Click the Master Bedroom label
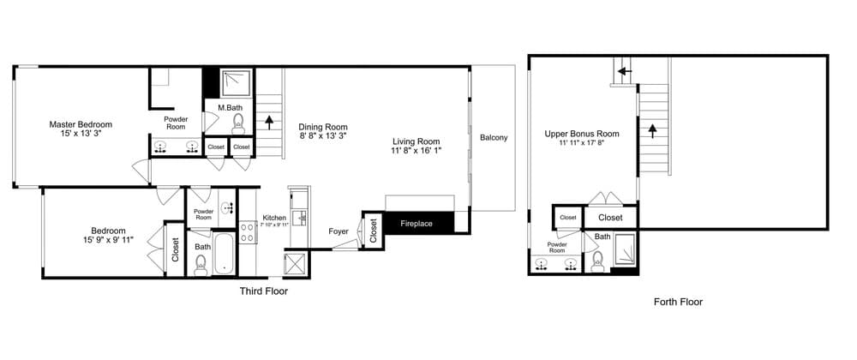tap(81, 124)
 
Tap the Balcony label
tap(494, 138)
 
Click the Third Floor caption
tap(263, 291)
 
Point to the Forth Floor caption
tap(678, 302)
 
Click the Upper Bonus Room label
tap(582, 134)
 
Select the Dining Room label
tap(323, 127)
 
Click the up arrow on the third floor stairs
tap(269, 122)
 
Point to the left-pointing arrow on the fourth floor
tap(625, 71)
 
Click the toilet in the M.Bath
tap(237, 124)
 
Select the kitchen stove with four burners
tap(248, 232)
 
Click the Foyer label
tap(339, 231)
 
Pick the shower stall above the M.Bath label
tap(237, 82)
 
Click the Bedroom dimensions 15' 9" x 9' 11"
tap(108, 239)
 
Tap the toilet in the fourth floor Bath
tap(597, 261)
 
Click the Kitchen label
tap(274, 217)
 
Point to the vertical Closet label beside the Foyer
tap(374, 231)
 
